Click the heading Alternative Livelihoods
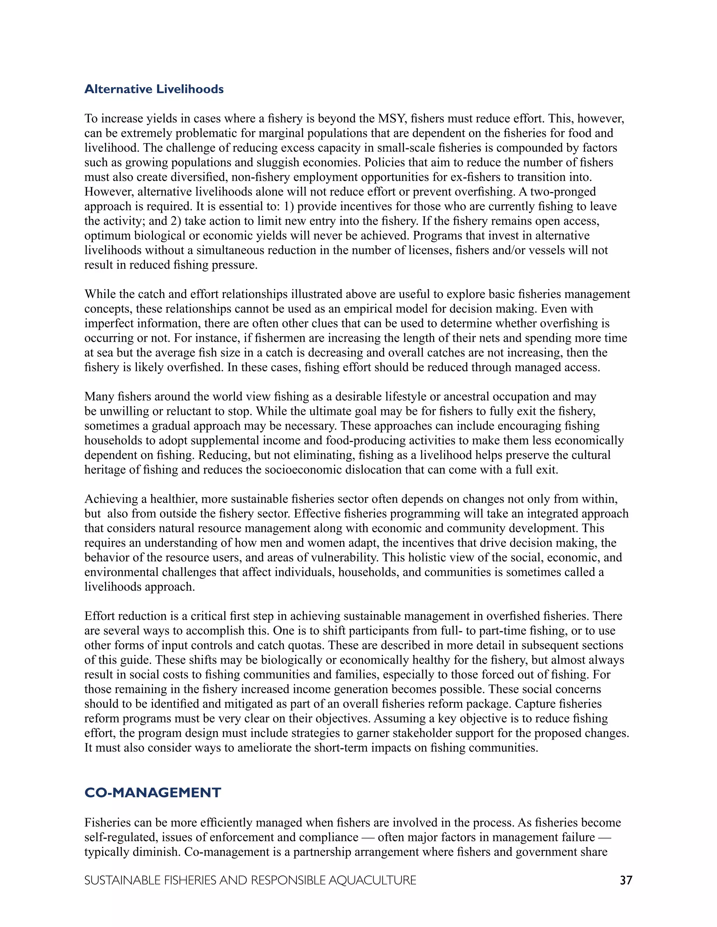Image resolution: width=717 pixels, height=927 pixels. [154, 89]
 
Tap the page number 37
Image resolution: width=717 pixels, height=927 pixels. [626, 880]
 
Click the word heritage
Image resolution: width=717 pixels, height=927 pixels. [110, 470]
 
